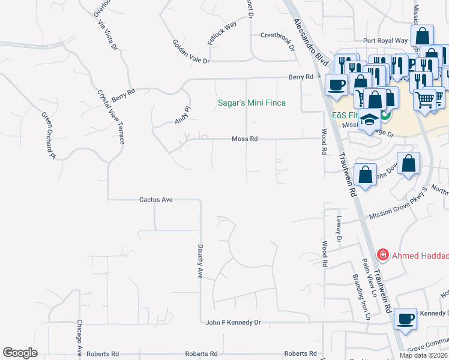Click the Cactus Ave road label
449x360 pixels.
[x=156, y=199]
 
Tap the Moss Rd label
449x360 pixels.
[x=245, y=139]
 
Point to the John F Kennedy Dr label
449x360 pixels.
[x=234, y=322]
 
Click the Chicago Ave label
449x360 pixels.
[x=79, y=338]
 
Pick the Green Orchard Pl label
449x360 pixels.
[x=48, y=136]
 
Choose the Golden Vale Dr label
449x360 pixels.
[x=191, y=52]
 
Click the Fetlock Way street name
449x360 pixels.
[x=222, y=30]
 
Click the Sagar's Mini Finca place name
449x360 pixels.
[x=251, y=103]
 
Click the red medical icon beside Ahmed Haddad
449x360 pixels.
[x=382, y=256]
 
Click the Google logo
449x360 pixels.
[x=20, y=353]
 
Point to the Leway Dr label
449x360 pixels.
[x=339, y=230]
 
